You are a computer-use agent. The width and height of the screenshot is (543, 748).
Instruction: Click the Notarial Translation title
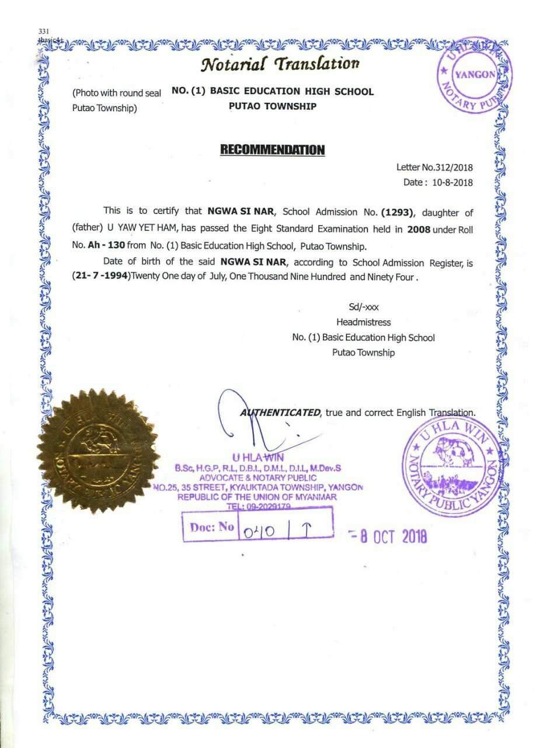(x=280, y=63)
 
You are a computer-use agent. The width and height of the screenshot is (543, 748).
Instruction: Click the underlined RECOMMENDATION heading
(x=272, y=150)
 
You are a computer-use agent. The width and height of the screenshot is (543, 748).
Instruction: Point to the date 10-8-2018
(x=452, y=182)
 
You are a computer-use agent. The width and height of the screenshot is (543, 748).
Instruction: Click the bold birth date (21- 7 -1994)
(x=100, y=278)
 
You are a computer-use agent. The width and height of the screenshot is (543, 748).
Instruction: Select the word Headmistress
(x=363, y=322)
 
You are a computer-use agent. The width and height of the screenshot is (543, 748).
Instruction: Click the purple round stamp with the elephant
(x=454, y=465)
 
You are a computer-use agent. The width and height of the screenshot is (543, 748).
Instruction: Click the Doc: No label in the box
(x=211, y=527)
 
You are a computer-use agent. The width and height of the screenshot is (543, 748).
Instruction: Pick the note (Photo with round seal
(x=117, y=93)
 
